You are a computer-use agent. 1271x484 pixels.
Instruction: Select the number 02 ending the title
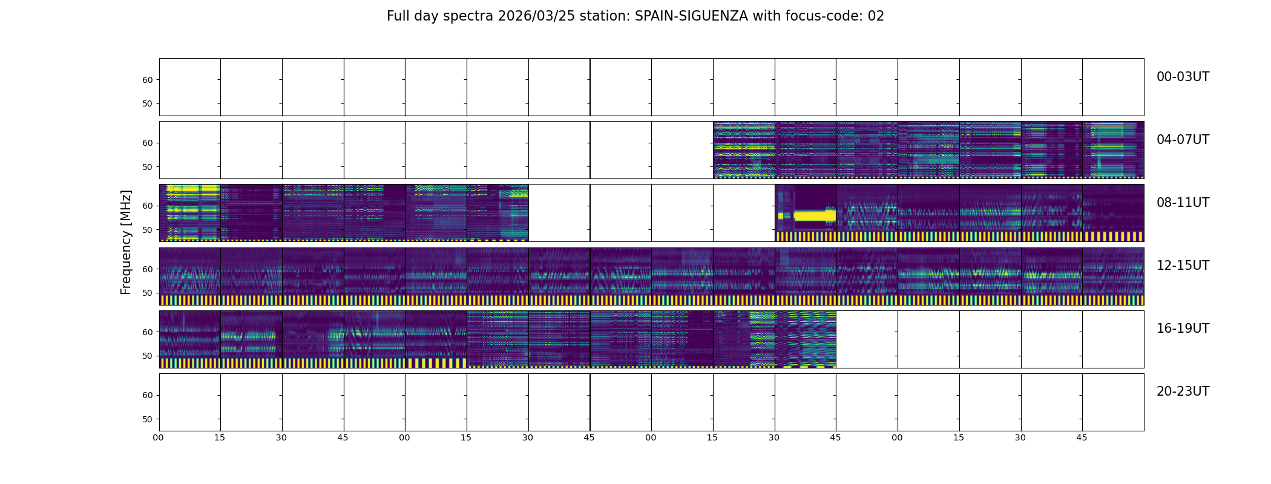[x=876, y=16]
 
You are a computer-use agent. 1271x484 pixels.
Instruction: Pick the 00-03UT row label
[x=1183, y=77]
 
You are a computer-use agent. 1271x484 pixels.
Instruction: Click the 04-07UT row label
[x=1183, y=140]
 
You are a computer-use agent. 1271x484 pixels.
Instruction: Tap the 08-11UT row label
[x=1183, y=203]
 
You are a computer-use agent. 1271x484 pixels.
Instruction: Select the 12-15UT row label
[x=1183, y=266]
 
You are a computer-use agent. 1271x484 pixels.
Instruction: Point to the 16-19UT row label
[x=1183, y=329]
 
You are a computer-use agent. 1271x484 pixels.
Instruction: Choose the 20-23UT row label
[x=1183, y=391]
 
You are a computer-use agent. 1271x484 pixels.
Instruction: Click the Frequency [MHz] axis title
[x=126, y=242]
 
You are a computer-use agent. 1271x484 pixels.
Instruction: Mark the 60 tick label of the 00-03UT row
[x=148, y=80]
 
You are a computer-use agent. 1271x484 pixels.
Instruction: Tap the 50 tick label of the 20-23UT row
[x=148, y=419]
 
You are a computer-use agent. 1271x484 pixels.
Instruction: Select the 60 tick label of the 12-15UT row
[x=148, y=269]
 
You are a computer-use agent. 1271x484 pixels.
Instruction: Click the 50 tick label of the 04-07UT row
[x=148, y=167]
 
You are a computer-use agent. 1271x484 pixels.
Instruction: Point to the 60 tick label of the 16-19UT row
[x=148, y=332]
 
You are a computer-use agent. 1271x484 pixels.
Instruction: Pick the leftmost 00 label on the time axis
[x=159, y=437]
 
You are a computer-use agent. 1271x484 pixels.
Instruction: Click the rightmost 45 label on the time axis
[x=1082, y=437]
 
